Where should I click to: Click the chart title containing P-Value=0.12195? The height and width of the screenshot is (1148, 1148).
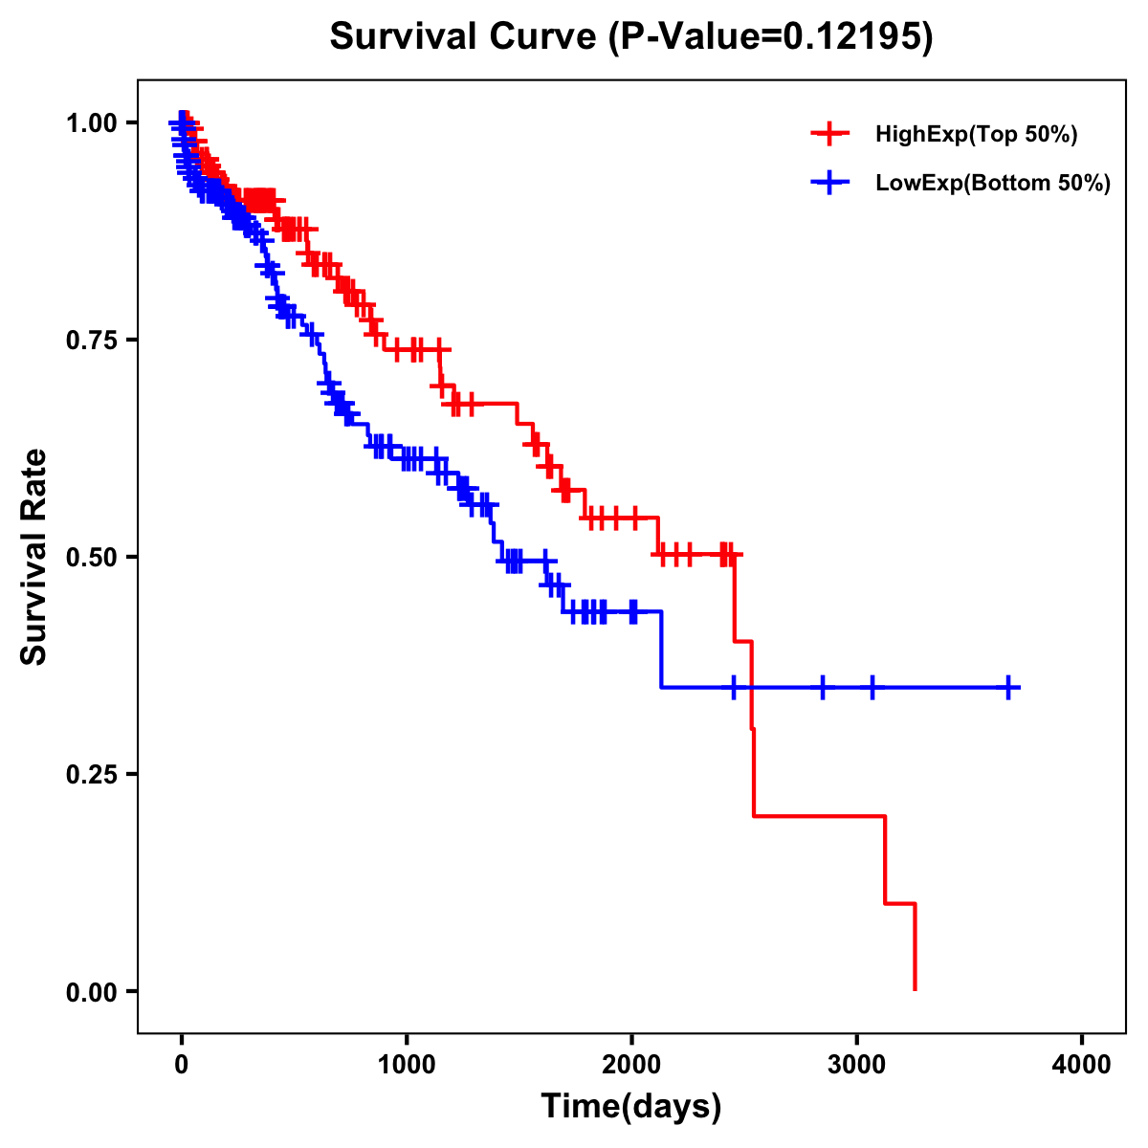[630, 36]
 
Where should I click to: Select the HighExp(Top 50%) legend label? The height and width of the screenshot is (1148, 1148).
[976, 135]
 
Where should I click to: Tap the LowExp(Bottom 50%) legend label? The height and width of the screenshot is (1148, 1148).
[993, 184]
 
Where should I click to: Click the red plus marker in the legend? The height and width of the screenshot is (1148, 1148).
[829, 135]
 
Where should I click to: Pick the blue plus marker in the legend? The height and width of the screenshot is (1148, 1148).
[829, 184]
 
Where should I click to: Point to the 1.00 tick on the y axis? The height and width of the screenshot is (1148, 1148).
[94, 122]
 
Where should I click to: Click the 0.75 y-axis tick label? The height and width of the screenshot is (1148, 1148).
[94, 340]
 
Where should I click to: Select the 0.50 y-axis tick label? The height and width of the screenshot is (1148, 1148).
[94, 557]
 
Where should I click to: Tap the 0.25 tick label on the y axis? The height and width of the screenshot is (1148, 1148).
[94, 774]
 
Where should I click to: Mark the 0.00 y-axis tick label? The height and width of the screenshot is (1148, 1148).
[94, 991]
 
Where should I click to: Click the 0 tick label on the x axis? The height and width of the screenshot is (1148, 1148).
[182, 1065]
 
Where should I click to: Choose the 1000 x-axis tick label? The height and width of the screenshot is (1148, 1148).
[407, 1065]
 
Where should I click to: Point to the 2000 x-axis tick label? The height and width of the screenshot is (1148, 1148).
[631, 1065]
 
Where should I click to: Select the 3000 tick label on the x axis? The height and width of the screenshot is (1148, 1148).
[857, 1065]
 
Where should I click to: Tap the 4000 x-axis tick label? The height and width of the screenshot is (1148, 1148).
[1082, 1065]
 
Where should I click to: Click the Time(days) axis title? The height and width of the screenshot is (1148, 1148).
[631, 1107]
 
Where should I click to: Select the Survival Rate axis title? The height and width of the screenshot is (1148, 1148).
[34, 557]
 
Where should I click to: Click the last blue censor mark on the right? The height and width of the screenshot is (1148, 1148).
[1008, 687]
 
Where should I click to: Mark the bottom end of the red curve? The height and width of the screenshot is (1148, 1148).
[916, 989]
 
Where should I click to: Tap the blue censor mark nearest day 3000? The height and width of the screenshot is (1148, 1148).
[872, 687]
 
